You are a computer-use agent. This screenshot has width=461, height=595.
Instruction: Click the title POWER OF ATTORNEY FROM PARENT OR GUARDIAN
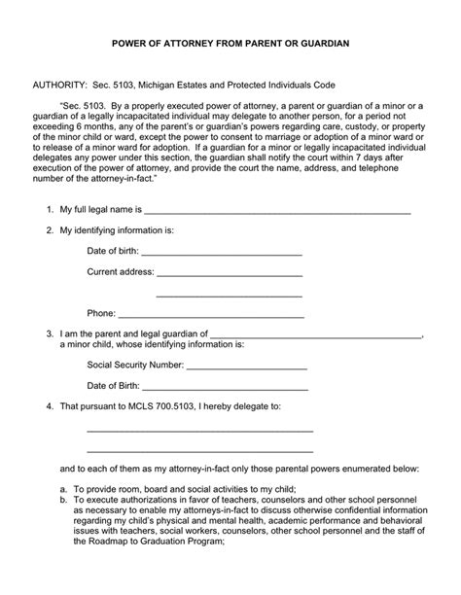(230, 44)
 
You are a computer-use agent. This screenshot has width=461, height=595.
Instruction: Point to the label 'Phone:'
(101, 313)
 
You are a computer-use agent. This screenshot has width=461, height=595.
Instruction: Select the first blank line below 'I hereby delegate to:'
(199, 431)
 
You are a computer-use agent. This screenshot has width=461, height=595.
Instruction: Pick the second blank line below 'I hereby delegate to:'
(199, 451)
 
